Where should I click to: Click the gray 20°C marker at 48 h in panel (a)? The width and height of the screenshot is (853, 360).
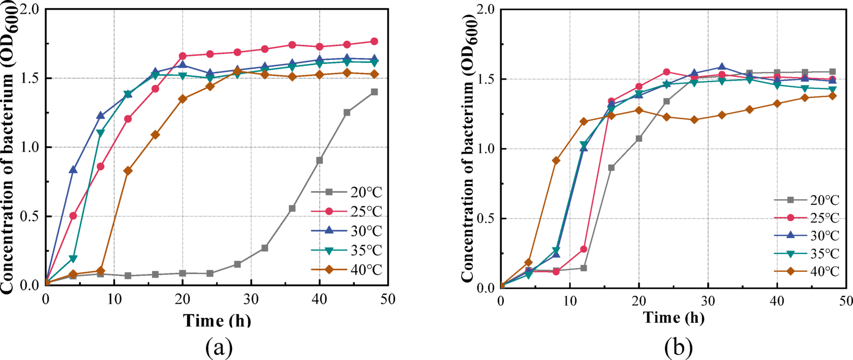coord(374,92)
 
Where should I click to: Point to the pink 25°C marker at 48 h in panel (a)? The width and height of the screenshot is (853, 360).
coord(374,42)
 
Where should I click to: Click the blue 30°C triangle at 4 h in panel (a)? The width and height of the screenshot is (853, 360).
coord(73,169)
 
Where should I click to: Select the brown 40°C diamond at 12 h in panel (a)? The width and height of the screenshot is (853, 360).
coord(128,171)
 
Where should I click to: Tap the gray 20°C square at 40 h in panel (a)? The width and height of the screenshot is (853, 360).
coord(319,160)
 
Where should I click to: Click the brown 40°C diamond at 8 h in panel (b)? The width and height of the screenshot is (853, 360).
coord(556,161)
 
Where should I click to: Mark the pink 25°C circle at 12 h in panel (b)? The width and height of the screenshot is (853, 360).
coord(583,249)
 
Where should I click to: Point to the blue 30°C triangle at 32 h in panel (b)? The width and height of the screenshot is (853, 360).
coord(722,67)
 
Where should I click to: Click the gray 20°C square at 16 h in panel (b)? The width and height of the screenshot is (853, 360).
coord(611,167)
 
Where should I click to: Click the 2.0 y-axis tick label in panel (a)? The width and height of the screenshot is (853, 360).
coord(30,10)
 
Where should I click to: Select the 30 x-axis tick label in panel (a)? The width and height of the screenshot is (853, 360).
coord(251,299)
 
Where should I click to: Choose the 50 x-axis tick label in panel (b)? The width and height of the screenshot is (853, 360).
coord(845,301)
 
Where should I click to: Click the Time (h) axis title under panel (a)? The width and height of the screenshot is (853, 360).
coord(217,320)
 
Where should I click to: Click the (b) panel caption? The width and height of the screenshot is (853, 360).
coord(678,348)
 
